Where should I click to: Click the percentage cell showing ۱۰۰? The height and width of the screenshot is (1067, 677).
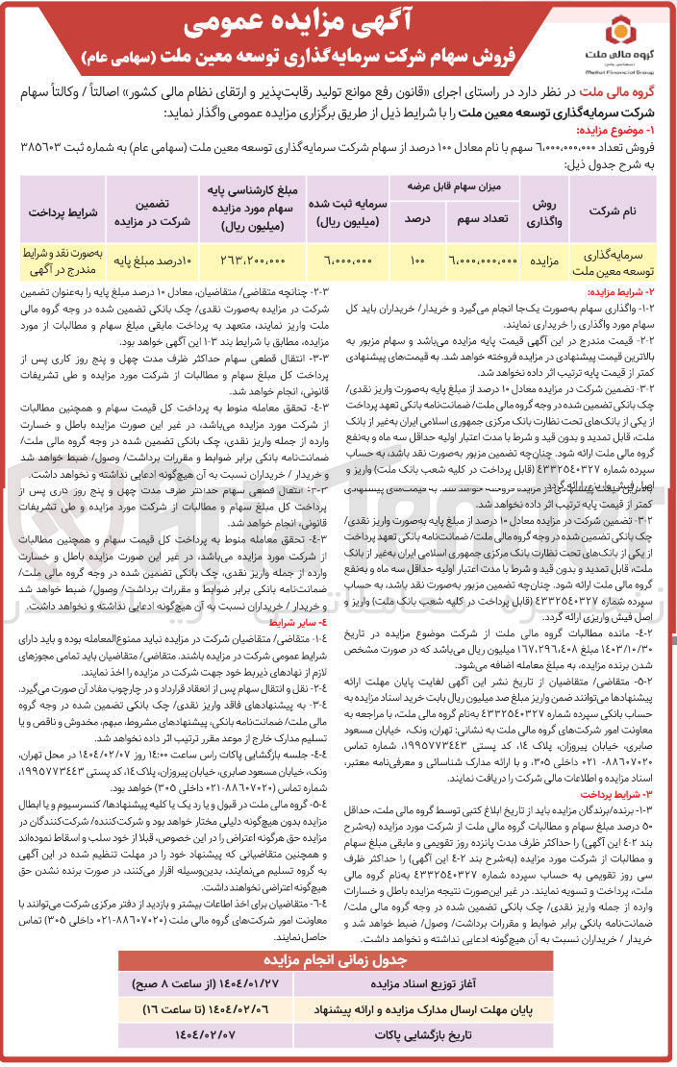point(415,260)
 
